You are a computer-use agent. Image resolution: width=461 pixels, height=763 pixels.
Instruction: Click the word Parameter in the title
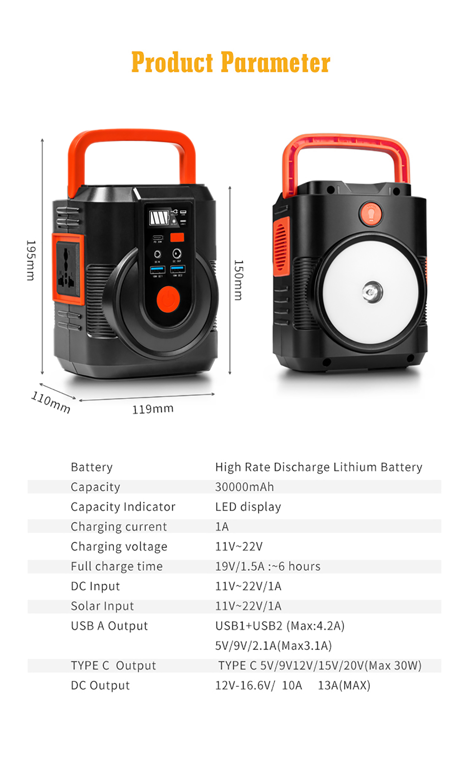(275, 63)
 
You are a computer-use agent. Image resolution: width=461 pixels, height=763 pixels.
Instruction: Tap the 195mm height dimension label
(31, 260)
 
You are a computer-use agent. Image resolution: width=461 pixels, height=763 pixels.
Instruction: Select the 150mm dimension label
(238, 280)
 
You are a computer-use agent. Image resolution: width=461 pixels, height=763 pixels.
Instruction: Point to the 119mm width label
(153, 409)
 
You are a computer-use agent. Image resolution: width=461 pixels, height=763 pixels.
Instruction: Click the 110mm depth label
(51, 402)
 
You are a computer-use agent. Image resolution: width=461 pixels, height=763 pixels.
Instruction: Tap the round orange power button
(168, 299)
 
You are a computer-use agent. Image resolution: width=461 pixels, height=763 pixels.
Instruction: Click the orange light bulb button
(371, 214)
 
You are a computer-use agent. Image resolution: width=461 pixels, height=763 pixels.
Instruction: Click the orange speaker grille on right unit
(282, 247)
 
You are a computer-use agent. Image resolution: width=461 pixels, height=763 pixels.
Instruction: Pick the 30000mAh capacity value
(244, 487)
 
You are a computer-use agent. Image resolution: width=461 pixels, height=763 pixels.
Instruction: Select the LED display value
(248, 507)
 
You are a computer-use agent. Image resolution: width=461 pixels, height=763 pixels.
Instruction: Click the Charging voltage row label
(119, 546)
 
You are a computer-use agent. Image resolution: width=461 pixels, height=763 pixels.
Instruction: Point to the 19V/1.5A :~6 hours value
(267, 566)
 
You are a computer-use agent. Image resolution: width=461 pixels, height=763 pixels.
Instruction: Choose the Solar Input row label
(102, 606)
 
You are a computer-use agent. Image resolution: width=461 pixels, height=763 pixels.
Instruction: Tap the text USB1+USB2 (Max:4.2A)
(280, 626)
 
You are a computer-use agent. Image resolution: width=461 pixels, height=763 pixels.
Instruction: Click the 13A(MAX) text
(344, 685)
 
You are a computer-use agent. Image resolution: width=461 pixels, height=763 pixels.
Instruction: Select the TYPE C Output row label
(113, 666)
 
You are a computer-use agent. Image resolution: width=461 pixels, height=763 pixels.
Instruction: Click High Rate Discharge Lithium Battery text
(318, 467)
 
